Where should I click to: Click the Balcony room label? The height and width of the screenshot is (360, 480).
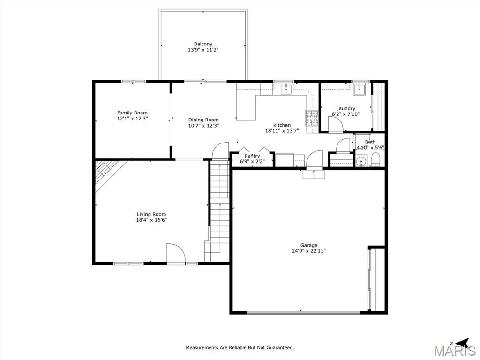pyautogui.click(x=203, y=44)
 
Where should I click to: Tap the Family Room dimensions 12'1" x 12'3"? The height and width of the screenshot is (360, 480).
pyautogui.click(x=133, y=119)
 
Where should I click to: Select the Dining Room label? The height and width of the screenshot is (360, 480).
pyautogui.click(x=203, y=120)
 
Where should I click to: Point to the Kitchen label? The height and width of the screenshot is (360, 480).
pyautogui.click(x=282, y=125)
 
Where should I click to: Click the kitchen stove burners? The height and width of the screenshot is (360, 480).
pyautogui.click(x=312, y=118)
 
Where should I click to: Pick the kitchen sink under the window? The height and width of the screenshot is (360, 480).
pyautogui.click(x=286, y=89)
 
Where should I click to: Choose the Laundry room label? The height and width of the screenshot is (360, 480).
pyautogui.click(x=345, y=109)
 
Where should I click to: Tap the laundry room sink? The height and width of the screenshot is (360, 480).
pyautogui.click(x=358, y=90)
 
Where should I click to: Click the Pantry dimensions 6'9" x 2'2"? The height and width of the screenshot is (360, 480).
pyautogui.click(x=252, y=161)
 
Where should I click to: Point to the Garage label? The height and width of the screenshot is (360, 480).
pyautogui.click(x=308, y=245)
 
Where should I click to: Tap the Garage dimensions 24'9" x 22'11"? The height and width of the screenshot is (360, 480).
pyautogui.click(x=308, y=251)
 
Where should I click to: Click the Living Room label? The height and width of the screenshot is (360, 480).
pyautogui.click(x=151, y=214)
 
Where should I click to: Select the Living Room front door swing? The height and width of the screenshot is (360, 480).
pyautogui.click(x=176, y=253)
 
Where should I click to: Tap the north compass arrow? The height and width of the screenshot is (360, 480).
pyautogui.click(x=462, y=342)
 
